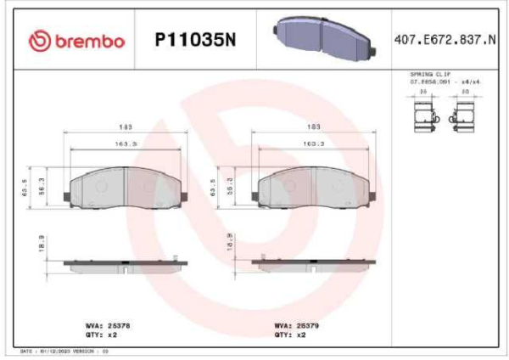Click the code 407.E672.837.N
coord(445,40)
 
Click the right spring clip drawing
coord(465,114)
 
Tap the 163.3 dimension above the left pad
coord(126,143)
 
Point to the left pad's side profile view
coord(125,264)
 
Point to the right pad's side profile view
coord(314,264)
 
